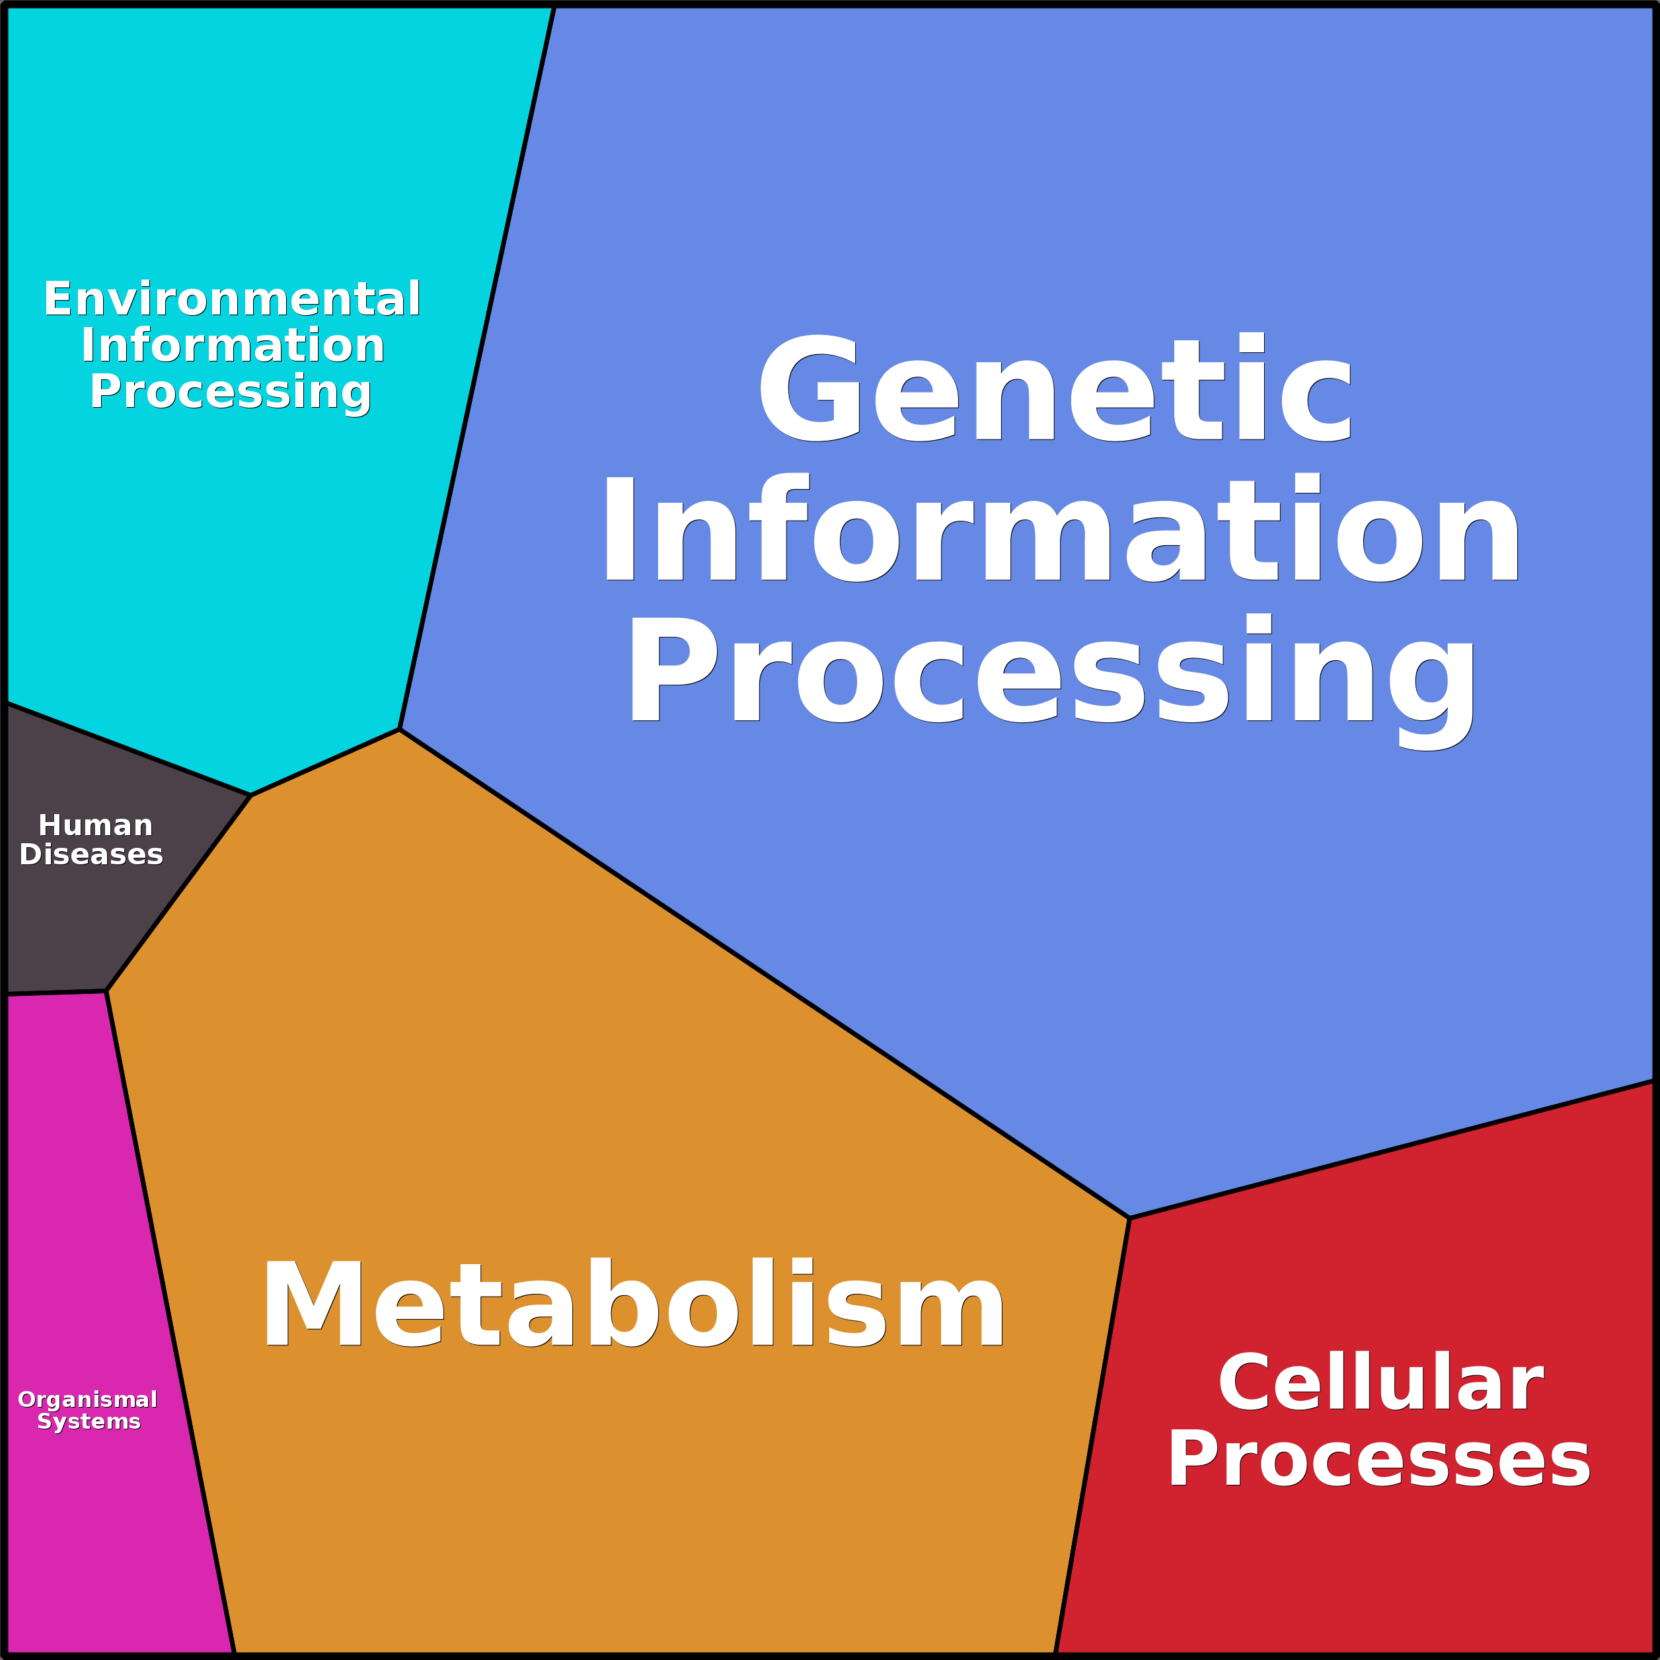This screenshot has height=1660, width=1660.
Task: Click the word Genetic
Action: click(1055, 389)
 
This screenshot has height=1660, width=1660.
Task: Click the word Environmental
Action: click(232, 299)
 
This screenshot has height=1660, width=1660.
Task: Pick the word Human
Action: click(95, 825)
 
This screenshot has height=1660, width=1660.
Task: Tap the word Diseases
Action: click(91, 855)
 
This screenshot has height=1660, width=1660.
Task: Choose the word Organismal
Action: click(88, 1400)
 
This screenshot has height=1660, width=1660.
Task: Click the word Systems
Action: click(89, 1422)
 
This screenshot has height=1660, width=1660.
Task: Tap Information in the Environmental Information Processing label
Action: click(232, 346)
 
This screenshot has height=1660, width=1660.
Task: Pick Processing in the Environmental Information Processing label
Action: click(230, 392)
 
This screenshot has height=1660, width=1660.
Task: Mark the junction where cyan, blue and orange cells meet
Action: click(400, 730)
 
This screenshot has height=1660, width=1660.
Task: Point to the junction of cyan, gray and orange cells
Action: click(250, 796)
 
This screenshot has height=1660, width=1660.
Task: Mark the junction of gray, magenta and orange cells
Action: click(106, 991)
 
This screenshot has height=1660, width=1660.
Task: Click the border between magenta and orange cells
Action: click(170, 1314)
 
